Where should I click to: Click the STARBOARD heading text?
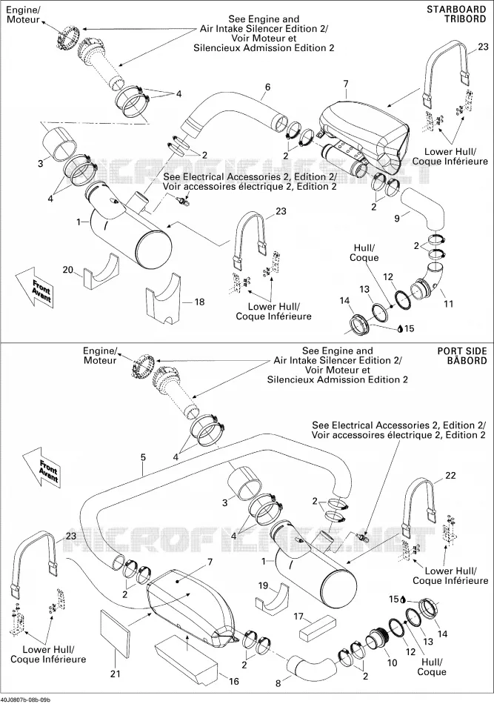[456, 9]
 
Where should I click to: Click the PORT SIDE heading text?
[462, 351]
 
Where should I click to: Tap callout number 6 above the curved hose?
[267, 87]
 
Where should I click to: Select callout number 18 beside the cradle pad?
[199, 302]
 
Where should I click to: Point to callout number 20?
[67, 270]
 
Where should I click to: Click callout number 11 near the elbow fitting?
[448, 304]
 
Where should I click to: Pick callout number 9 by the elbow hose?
[397, 219]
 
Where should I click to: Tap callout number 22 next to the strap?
[450, 475]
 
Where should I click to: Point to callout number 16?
[234, 682]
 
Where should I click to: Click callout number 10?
[392, 663]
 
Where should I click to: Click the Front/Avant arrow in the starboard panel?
[38, 288]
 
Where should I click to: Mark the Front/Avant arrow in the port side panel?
[44, 470]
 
